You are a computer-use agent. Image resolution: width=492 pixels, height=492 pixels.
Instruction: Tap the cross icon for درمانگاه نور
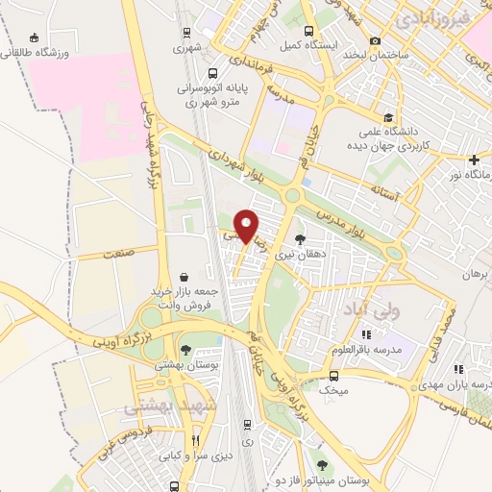click(474, 159)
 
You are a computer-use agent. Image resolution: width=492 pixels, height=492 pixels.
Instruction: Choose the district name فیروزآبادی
click(431, 17)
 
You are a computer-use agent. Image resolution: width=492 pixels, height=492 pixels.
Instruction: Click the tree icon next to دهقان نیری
click(300, 239)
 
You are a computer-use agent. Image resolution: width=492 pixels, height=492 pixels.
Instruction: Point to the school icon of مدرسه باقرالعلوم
click(364, 334)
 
